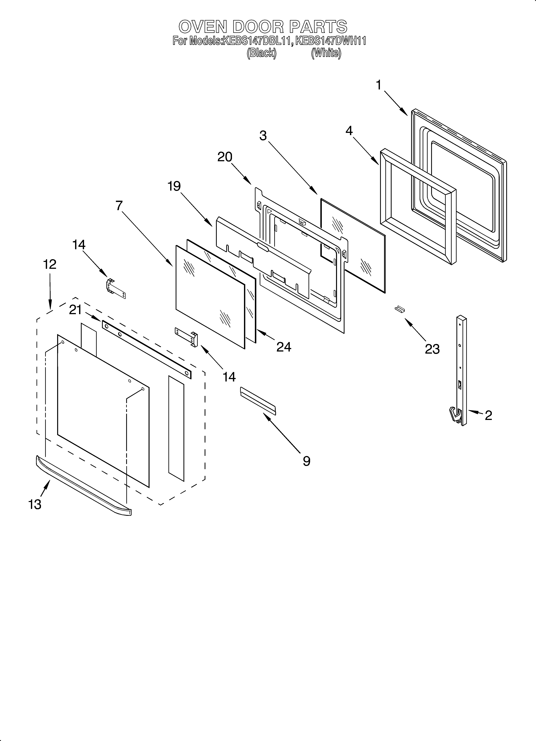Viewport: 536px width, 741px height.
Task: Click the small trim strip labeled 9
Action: pyautogui.click(x=258, y=401)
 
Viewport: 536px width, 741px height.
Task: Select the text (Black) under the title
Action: pyautogui.click(x=261, y=53)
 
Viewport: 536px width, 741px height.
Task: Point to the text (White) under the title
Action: pyautogui.click(x=326, y=53)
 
